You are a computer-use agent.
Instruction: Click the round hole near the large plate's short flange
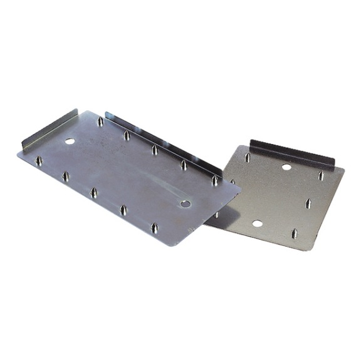click(70, 141)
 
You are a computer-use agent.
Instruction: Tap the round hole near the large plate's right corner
click(185, 203)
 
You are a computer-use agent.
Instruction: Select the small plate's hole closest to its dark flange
click(286, 167)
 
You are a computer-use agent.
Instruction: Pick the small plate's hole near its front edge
click(257, 224)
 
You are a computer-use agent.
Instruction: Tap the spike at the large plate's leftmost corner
click(39, 161)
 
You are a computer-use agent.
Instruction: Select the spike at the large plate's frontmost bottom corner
click(154, 227)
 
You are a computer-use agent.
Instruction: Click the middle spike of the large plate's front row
click(93, 193)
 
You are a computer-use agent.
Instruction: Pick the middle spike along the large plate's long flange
click(154, 150)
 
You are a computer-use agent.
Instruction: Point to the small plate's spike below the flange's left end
click(247, 158)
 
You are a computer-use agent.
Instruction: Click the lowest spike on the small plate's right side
click(295, 234)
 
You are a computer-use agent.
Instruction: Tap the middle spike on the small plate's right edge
click(308, 204)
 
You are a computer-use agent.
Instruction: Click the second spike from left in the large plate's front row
click(65, 177)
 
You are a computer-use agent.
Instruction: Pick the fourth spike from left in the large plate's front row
click(123, 210)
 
